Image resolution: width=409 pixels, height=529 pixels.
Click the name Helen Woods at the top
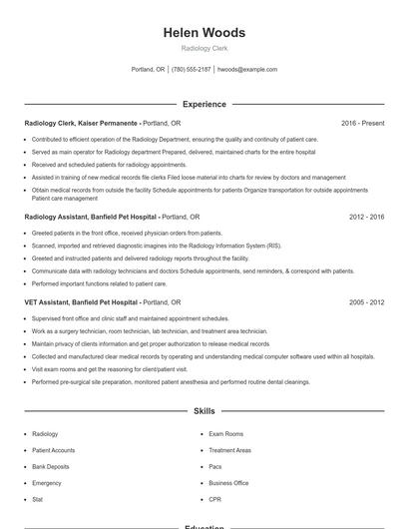[204, 33]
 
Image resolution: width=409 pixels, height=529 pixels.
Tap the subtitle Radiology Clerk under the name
[204, 48]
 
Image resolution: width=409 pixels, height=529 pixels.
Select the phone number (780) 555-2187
[192, 70]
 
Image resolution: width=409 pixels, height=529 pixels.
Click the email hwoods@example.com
[247, 70]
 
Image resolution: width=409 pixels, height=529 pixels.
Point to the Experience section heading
[204, 104]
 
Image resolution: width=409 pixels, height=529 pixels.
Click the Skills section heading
[204, 411]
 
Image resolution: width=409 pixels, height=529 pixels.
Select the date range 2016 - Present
[362, 123]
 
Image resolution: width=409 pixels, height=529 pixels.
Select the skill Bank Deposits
[51, 466]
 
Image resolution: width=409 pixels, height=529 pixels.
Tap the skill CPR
[215, 498]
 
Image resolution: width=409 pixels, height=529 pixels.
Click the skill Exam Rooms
[225, 434]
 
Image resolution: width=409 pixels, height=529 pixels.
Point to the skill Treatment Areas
[229, 450]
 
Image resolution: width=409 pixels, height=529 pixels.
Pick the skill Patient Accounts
[53, 450]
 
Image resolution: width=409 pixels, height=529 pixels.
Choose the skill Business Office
[228, 482]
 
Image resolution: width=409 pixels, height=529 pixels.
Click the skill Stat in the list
[38, 498]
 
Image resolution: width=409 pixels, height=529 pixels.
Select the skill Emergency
[47, 482]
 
